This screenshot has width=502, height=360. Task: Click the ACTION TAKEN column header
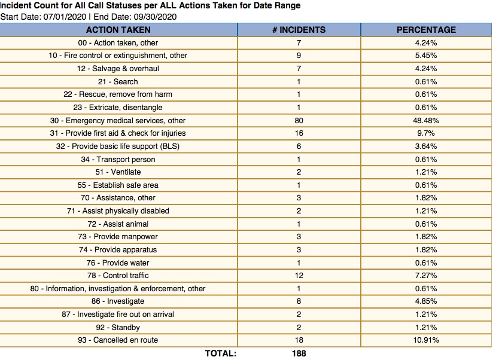[118, 29]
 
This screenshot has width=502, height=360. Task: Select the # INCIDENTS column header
[299, 29]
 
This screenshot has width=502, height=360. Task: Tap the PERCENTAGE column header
[426, 29]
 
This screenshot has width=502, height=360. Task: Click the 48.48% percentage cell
[426, 120]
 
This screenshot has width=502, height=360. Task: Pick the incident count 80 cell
[299, 120]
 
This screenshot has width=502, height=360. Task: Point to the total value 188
[299, 353]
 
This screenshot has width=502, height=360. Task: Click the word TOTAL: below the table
[220, 353]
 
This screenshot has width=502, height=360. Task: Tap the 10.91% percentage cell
[426, 340]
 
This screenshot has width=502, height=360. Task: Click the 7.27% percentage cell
[426, 276]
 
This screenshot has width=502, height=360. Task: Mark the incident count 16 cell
[299, 133]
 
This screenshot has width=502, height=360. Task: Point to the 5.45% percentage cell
[426, 55]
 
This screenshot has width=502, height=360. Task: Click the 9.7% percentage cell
[426, 133]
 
